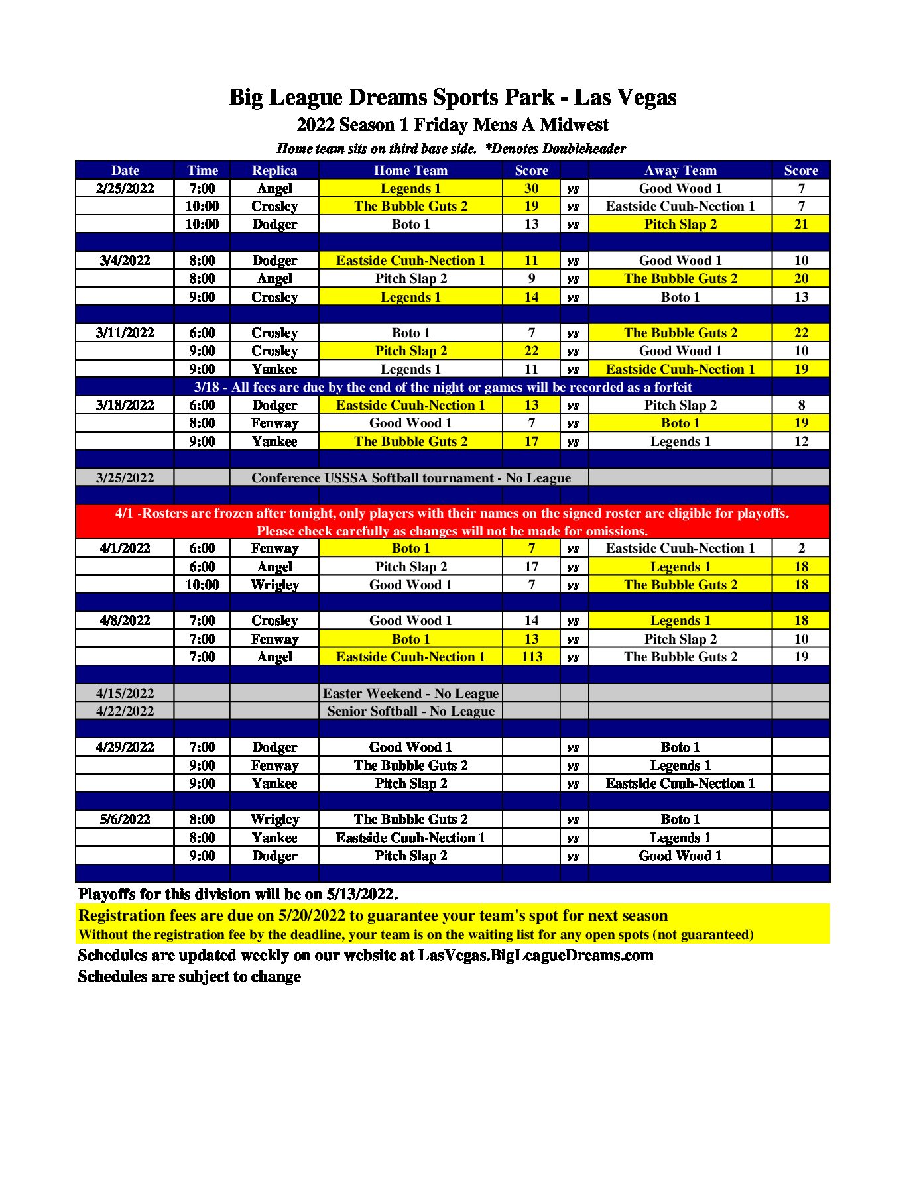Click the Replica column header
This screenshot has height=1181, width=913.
point(274,170)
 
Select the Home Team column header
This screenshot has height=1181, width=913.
point(410,170)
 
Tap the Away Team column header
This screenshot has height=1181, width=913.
point(680,170)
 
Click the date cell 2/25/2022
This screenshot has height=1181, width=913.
point(125,188)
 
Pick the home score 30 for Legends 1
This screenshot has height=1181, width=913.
point(531,188)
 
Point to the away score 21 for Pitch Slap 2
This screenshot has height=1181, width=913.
point(801,224)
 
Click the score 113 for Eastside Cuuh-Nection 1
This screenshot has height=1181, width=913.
point(531,657)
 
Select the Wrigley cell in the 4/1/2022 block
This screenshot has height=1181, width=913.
point(274,585)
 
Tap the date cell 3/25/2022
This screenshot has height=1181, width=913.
point(125,478)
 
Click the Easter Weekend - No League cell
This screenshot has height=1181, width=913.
point(410,693)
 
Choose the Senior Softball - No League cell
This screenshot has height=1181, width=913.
point(410,711)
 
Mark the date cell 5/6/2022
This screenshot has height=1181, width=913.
point(125,819)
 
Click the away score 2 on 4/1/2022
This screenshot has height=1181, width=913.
point(801,548)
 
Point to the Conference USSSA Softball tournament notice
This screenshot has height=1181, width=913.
point(410,478)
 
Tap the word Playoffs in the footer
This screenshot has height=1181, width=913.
point(107,894)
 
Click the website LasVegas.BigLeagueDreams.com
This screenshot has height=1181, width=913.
point(536,955)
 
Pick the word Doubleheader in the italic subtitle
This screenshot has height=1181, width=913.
point(583,148)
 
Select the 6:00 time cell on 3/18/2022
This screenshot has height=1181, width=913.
point(202,405)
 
